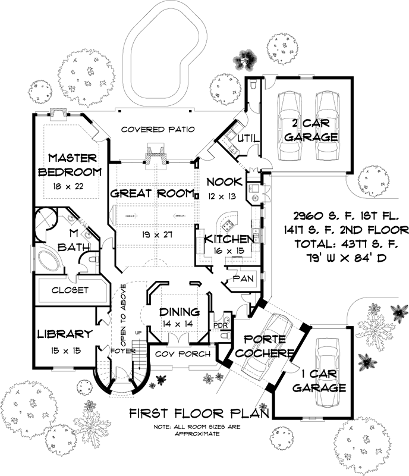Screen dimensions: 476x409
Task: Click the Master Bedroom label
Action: click(70, 165)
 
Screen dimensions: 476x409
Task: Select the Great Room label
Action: click(153, 193)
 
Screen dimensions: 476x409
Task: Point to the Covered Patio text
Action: click(158, 129)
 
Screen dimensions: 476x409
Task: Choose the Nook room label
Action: click(224, 181)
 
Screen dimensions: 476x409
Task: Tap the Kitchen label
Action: click(229, 239)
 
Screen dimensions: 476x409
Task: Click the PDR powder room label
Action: click(221, 325)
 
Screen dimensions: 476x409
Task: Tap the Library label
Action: click(64, 334)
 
